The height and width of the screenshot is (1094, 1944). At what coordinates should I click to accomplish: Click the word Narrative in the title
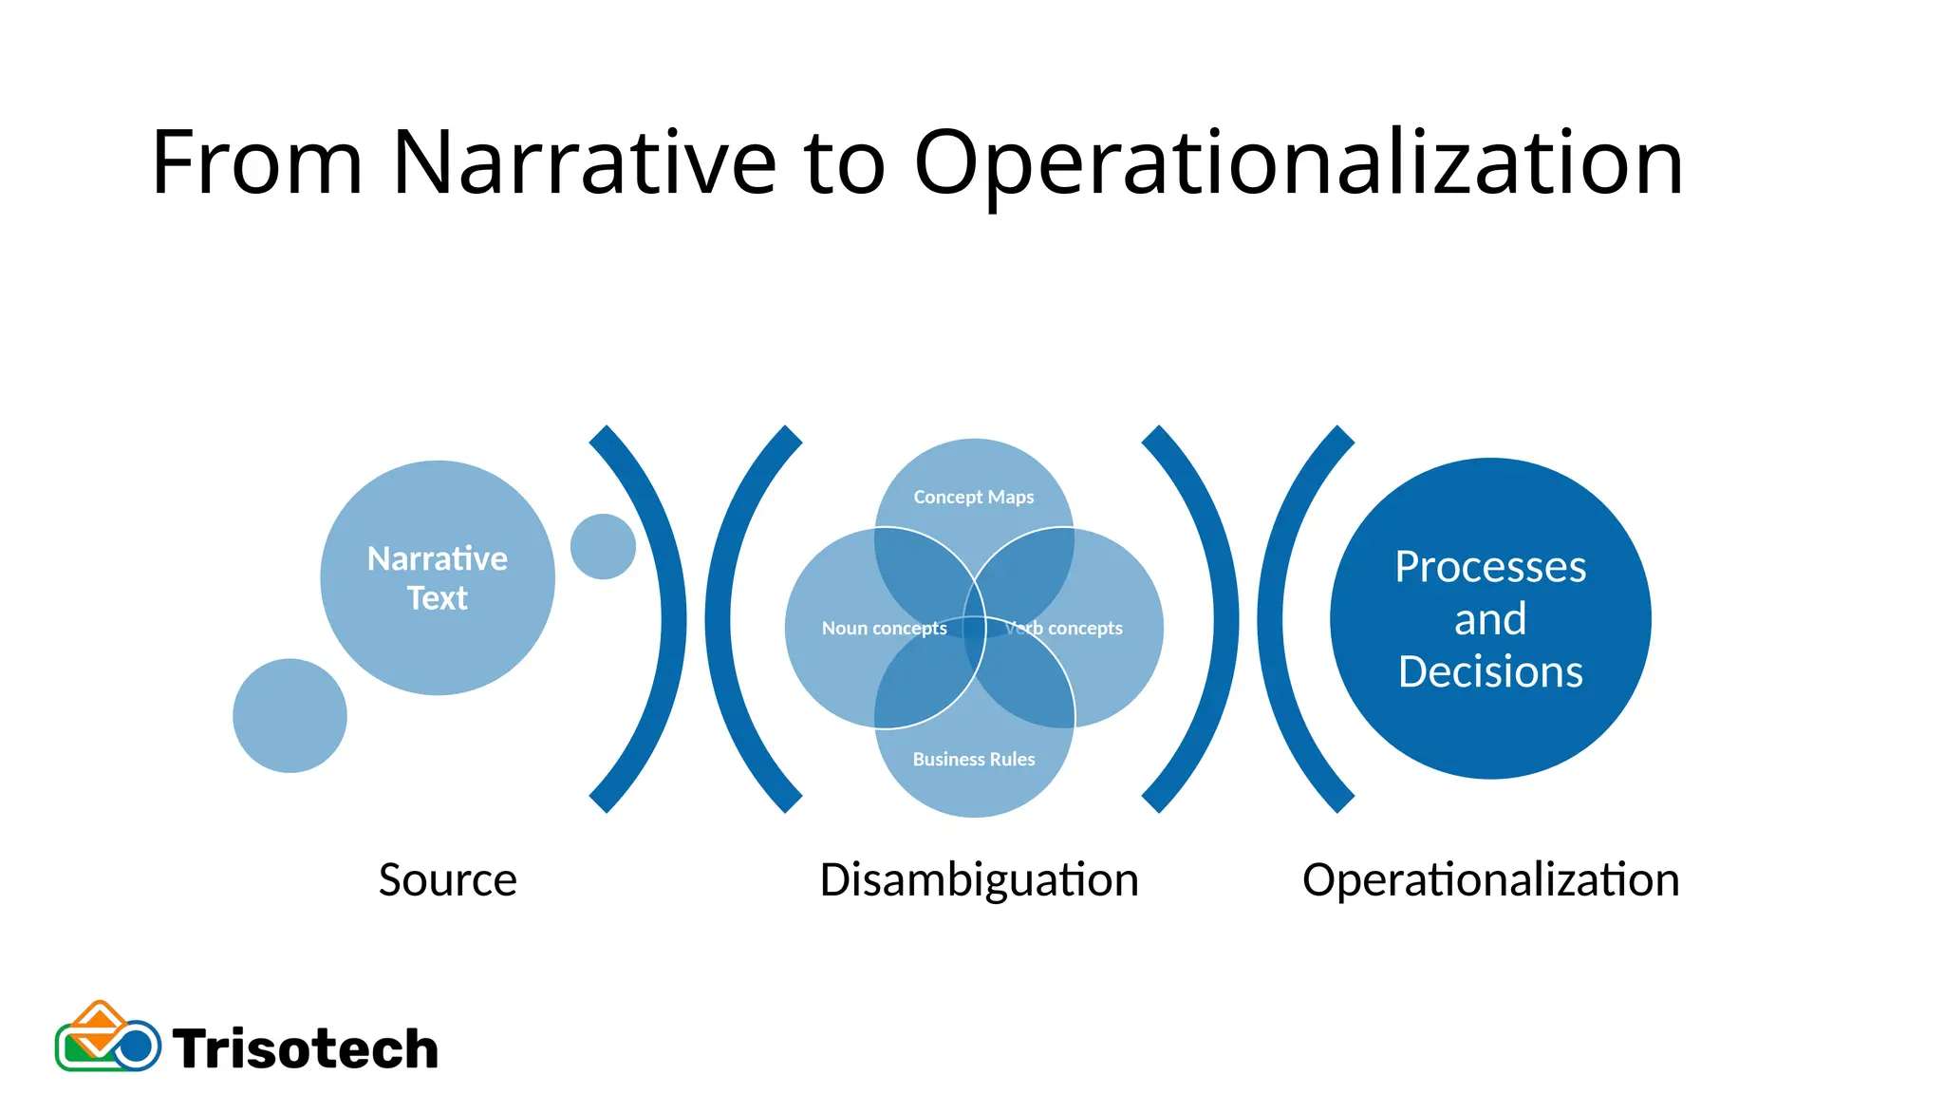tap(584, 163)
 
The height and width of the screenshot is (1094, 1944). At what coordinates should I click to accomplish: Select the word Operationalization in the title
tap(1298, 163)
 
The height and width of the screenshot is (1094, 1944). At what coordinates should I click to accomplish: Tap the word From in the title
tap(257, 163)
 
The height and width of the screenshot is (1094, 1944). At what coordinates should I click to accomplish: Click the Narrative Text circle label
tap(438, 577)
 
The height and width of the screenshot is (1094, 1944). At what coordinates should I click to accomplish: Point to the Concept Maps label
tap(974, 497)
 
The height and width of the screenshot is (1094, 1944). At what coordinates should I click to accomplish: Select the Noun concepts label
tap(884, 628)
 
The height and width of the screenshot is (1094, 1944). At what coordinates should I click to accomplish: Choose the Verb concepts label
tap(1064, 628)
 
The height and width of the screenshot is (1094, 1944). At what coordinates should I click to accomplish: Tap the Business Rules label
tap(974, 759)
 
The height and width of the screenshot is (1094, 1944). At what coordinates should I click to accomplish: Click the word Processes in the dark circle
tap(1490, 567)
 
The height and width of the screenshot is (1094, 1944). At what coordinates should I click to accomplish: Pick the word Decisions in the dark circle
tap(1490, 671)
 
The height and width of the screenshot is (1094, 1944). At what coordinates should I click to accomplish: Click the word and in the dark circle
tap(1490, 619)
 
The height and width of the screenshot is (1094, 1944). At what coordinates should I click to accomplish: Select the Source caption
tap(447, 879)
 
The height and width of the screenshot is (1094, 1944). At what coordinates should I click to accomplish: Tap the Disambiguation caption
tap(979, 879)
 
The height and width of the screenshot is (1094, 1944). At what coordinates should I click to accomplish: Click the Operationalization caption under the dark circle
tap(1490, 879)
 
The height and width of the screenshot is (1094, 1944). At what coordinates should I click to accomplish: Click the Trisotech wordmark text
tap(306, 1049)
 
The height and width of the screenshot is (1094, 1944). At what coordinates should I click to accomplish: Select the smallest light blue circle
tap(603, 546)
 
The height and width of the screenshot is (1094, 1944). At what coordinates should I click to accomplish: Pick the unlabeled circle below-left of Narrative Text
tap(290, 715)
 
